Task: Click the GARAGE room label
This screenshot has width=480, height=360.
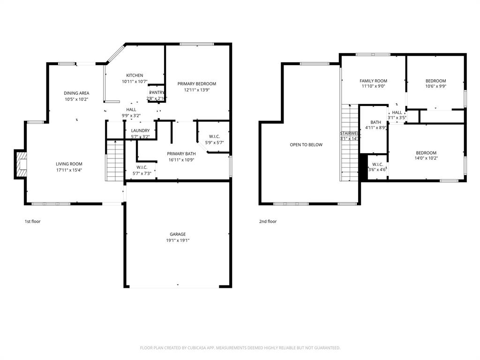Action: click(x=178, y=234)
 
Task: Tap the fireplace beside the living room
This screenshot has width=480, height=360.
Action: click(x=20, y=164)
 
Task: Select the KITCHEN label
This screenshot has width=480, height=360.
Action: click(x=135, y=75)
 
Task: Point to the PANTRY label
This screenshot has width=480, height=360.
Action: click(x=157, y=93)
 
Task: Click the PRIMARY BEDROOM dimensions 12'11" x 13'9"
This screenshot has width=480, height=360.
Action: click(x=196, y=90)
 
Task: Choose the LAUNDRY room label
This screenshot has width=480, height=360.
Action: click(x=140, y=131)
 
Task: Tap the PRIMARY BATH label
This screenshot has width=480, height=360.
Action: click(x=181, y=154)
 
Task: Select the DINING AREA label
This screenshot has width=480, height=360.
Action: click(x=76, y=93)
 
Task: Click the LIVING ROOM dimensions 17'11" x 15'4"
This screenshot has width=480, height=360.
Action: click(x=69, y=170)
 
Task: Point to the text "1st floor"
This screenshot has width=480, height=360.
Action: click(x=32, y=221)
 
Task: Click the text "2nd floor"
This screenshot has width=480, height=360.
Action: click(x=268, y=221)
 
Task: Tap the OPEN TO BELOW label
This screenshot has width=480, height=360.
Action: click(x=306, y=145)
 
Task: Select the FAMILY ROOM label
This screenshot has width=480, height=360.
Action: click(x=373, y=81)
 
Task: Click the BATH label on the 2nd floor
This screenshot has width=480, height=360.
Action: click(x=375, y=122)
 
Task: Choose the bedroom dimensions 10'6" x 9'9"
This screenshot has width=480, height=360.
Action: click(x=435, y=86)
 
